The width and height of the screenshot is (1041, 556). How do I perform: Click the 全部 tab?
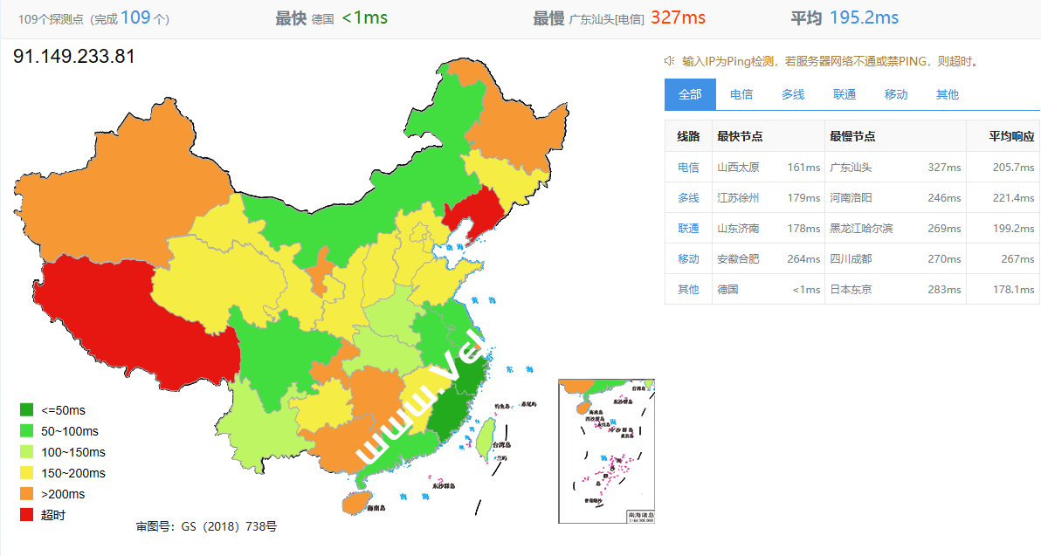(x=690, y=94)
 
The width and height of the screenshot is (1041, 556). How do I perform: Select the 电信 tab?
(x=741, y=94)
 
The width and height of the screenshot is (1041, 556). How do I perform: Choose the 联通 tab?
(x=845, y=94)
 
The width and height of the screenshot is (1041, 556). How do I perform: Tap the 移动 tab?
(x=896, y=94)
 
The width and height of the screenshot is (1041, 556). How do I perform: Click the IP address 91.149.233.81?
(x=74, y=57)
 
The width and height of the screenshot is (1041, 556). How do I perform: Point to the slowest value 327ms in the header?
(x=678, y=17)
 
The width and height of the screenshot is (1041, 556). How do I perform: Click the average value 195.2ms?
(x=864, y=17)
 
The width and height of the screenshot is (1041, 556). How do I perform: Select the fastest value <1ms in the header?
(x=365, y=17)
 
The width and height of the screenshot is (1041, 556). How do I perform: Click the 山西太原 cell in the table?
(x=738, y=168)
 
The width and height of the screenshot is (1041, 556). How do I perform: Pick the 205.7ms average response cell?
(x=1014, y=168)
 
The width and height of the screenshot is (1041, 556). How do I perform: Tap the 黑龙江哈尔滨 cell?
(x=862, y=229)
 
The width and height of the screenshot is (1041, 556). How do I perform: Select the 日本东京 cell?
(x=851, y=290)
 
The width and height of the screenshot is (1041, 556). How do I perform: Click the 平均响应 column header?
(x=1011, y=137)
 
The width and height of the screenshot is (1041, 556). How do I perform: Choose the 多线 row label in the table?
(x=688, y=198)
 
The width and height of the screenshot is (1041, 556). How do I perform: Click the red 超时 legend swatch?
(x=27, y=515)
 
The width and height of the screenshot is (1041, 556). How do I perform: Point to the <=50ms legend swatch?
(x=27, y=410)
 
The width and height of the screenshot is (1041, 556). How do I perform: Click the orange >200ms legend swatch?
(x=27, y=494)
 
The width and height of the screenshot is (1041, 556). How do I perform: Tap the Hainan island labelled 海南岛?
(x=353, y=503)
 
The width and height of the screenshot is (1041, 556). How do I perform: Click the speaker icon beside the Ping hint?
(x=669, y=61)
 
